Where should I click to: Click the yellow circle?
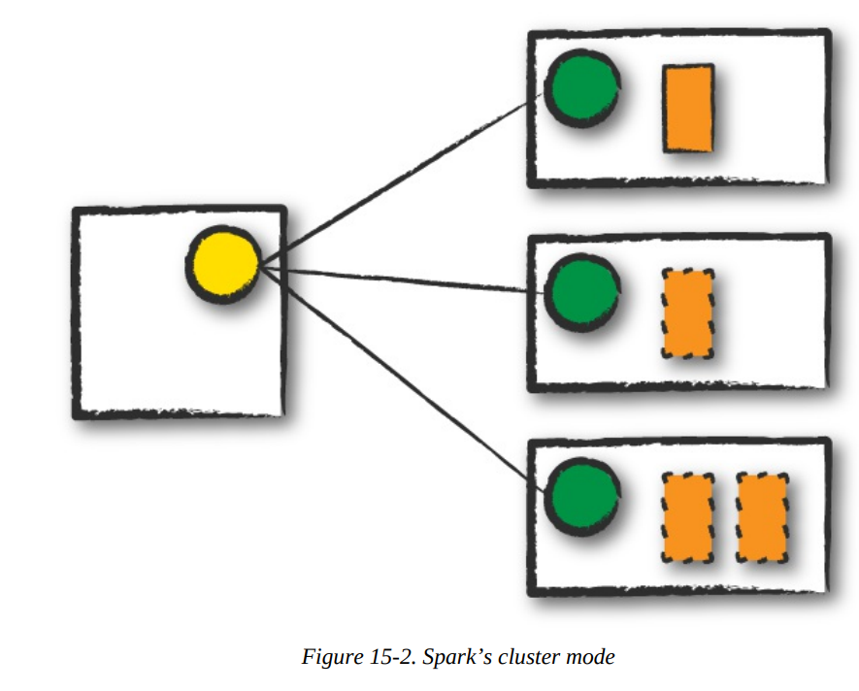[223, 264]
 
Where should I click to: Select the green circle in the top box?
[581, 87]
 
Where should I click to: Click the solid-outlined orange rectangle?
[688, 108]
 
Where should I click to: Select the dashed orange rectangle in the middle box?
[688, 313]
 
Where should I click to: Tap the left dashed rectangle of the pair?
[688, 517]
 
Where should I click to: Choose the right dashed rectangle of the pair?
[762, 517]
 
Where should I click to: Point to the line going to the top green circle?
[398, 181]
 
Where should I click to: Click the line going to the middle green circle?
[398, 278]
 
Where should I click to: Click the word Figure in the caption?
[329, 657]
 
